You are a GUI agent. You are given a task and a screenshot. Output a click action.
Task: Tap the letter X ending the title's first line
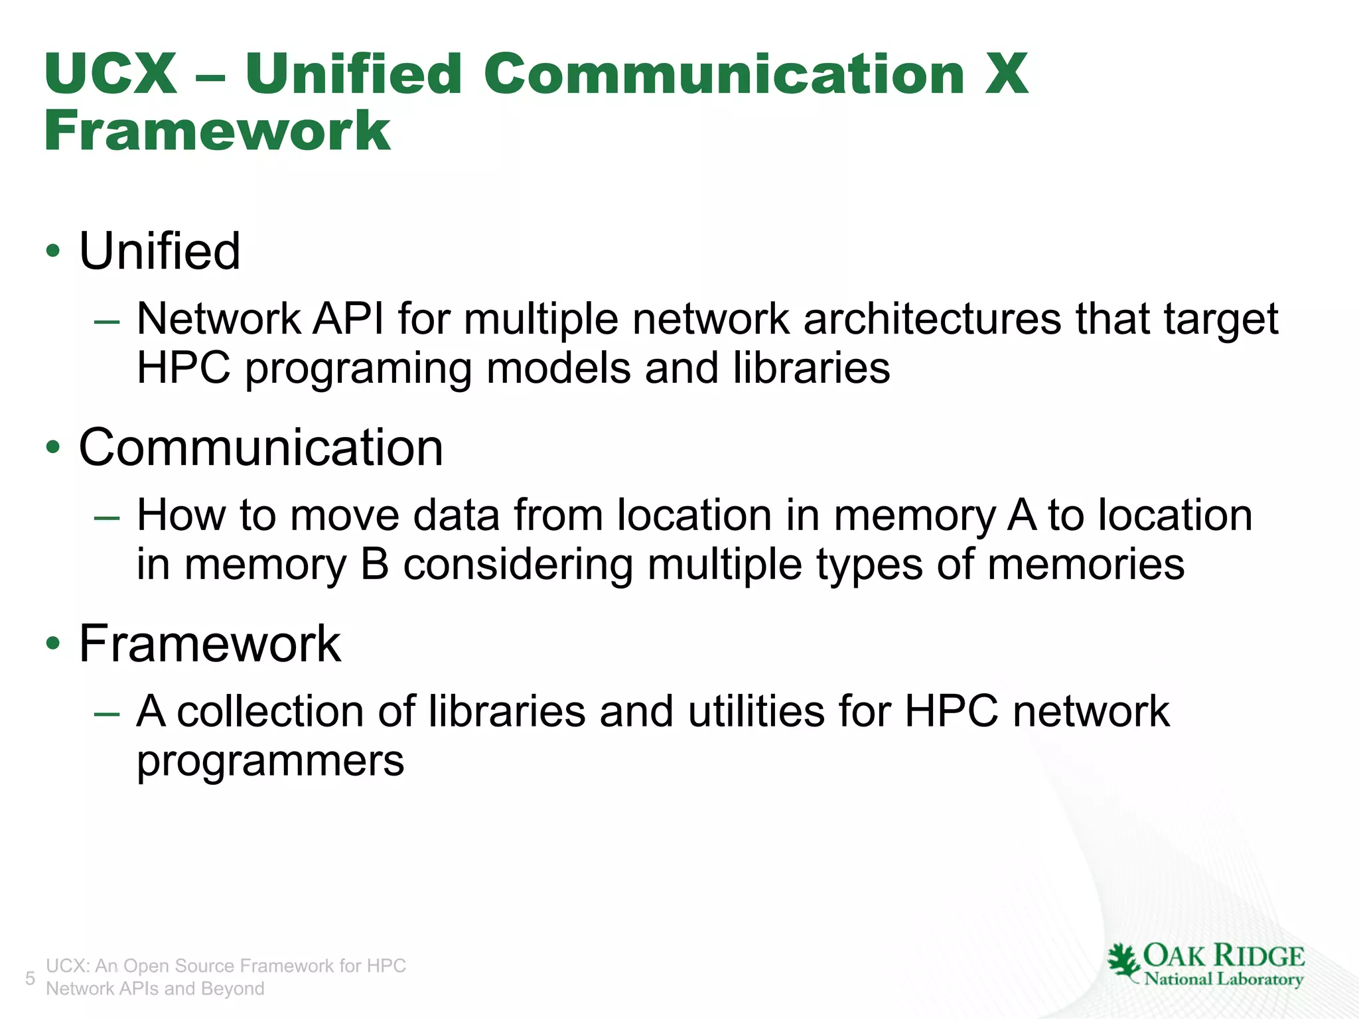pos(1006,74)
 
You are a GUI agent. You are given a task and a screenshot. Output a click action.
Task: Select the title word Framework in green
pos(217,131)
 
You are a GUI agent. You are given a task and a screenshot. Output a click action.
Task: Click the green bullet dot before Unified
pos(53,252)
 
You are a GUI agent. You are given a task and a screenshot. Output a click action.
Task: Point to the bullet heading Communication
pos(261,448)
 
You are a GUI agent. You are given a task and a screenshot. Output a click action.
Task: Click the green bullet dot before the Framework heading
pos(53,644)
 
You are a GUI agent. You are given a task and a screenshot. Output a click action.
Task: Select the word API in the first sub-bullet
pos(348,319)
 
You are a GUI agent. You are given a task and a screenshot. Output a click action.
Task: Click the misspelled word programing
pos(358,369)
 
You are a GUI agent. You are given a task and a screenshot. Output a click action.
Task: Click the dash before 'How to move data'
pos(107,518)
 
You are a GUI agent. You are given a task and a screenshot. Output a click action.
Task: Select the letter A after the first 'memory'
pos(1021,515)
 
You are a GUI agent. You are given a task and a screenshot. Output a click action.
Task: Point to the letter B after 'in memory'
pos(375,565)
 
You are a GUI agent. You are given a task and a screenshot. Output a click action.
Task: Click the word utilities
pos(756,711)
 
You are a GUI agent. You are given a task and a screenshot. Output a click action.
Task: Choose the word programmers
pos(270,762)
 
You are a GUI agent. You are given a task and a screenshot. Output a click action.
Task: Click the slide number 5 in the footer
pos(30,978)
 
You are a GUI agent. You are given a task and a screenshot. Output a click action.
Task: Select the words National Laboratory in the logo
pos(1224,979)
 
